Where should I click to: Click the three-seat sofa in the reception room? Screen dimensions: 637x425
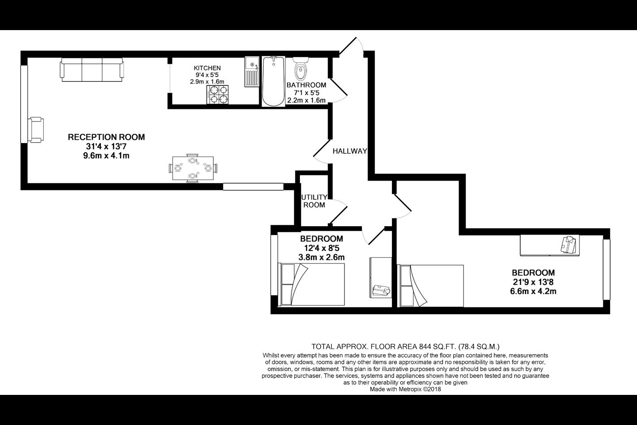(x=92, y=70)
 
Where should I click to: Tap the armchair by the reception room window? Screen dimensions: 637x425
(x=36, y=130)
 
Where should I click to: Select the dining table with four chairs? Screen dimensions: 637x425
(x=193, y=168)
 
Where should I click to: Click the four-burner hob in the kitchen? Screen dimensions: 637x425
(x=218, y=94)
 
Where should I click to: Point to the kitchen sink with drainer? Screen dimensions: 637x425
(x=252, y=71)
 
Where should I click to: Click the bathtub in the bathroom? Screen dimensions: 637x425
(x=273, y=81)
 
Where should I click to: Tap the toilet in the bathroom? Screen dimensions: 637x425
(x=301, y=68)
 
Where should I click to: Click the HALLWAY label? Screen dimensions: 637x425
(x=350, y=151)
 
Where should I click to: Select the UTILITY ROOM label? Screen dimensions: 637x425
(x=314, y=201)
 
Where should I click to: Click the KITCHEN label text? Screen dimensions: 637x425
(x=207, y=68)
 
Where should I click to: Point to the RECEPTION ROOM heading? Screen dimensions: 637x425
(x=106, y=137)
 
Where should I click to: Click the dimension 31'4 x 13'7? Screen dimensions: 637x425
(x=106, y=147)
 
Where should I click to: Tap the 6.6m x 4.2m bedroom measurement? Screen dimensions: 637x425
(x=533, y=291)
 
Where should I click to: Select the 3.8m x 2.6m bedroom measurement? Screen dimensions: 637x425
(x=321, y=257)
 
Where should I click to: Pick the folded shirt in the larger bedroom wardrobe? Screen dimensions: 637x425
(x=568, y=244)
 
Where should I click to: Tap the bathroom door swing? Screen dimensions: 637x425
(x=338, y=90)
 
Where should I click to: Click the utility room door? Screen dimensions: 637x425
(x=338, y=211)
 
